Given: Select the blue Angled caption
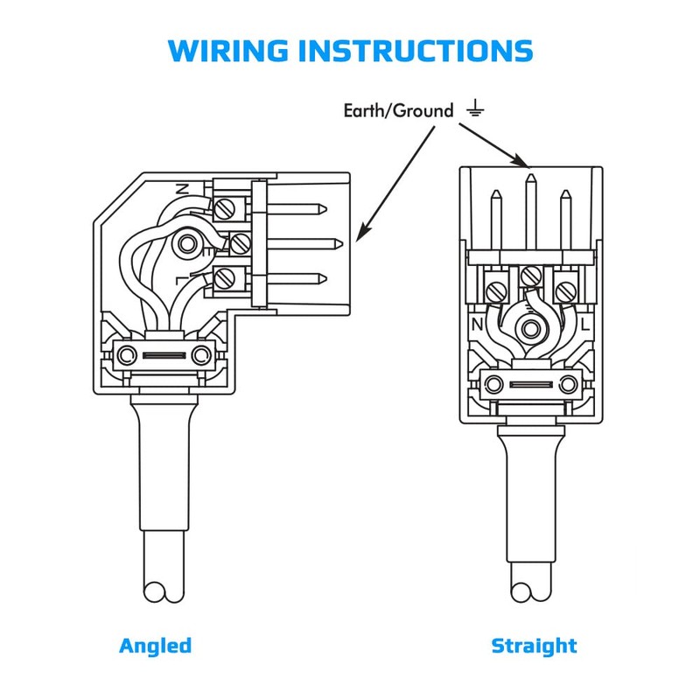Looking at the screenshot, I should (155, 647).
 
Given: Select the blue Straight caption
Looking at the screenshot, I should (534, 647).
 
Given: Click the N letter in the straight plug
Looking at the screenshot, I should (478, 324).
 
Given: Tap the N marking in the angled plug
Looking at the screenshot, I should (183, 188).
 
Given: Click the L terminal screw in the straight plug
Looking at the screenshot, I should (565, 285).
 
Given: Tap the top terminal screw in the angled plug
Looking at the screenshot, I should (226, 208).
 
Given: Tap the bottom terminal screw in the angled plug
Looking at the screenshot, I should (226, 279).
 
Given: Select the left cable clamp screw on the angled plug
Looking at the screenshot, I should (128, 355).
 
